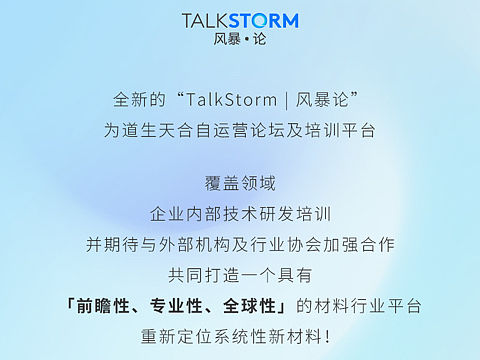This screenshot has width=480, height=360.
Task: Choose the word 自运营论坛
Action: click(249, 129)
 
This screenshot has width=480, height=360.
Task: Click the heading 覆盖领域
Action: click(240, 184)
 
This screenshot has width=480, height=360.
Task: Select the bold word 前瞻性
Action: click(104, 305)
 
